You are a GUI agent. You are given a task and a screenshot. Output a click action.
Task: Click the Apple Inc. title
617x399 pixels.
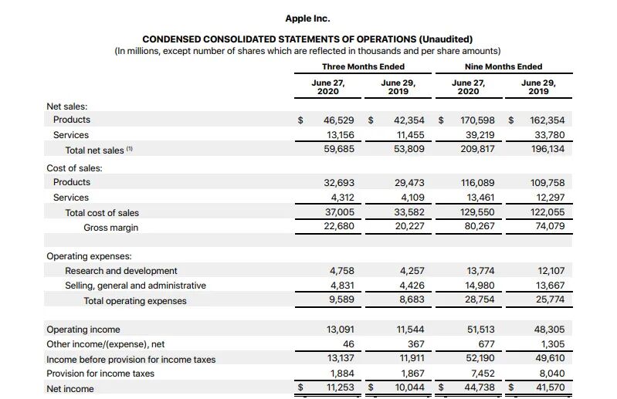[307, 18]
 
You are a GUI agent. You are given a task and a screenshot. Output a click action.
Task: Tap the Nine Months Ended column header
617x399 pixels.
[503, 66]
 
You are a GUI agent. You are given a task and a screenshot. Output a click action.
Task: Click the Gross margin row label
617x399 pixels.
[111, 228]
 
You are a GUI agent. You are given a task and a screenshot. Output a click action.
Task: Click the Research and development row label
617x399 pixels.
[121, 271]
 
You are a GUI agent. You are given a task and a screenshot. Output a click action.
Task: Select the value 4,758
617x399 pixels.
[341, 271]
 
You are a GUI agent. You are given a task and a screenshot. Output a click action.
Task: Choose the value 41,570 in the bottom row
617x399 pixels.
[549, 388]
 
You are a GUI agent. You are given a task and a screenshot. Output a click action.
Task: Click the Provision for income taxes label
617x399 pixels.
[100, 374]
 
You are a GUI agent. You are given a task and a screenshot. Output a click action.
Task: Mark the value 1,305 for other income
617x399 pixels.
[551, 344]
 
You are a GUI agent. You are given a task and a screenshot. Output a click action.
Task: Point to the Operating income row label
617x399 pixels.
[83, 330]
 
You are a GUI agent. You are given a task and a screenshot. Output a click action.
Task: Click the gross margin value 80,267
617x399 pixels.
[480, 227]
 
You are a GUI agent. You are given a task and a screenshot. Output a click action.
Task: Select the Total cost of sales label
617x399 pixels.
[102, 212]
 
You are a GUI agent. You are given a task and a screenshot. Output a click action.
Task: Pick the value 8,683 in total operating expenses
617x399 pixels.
[410, 300]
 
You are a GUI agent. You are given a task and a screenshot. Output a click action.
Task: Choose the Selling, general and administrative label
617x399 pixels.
[135, 286]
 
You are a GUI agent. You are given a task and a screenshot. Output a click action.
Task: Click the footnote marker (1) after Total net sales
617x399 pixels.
[130, 149]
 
